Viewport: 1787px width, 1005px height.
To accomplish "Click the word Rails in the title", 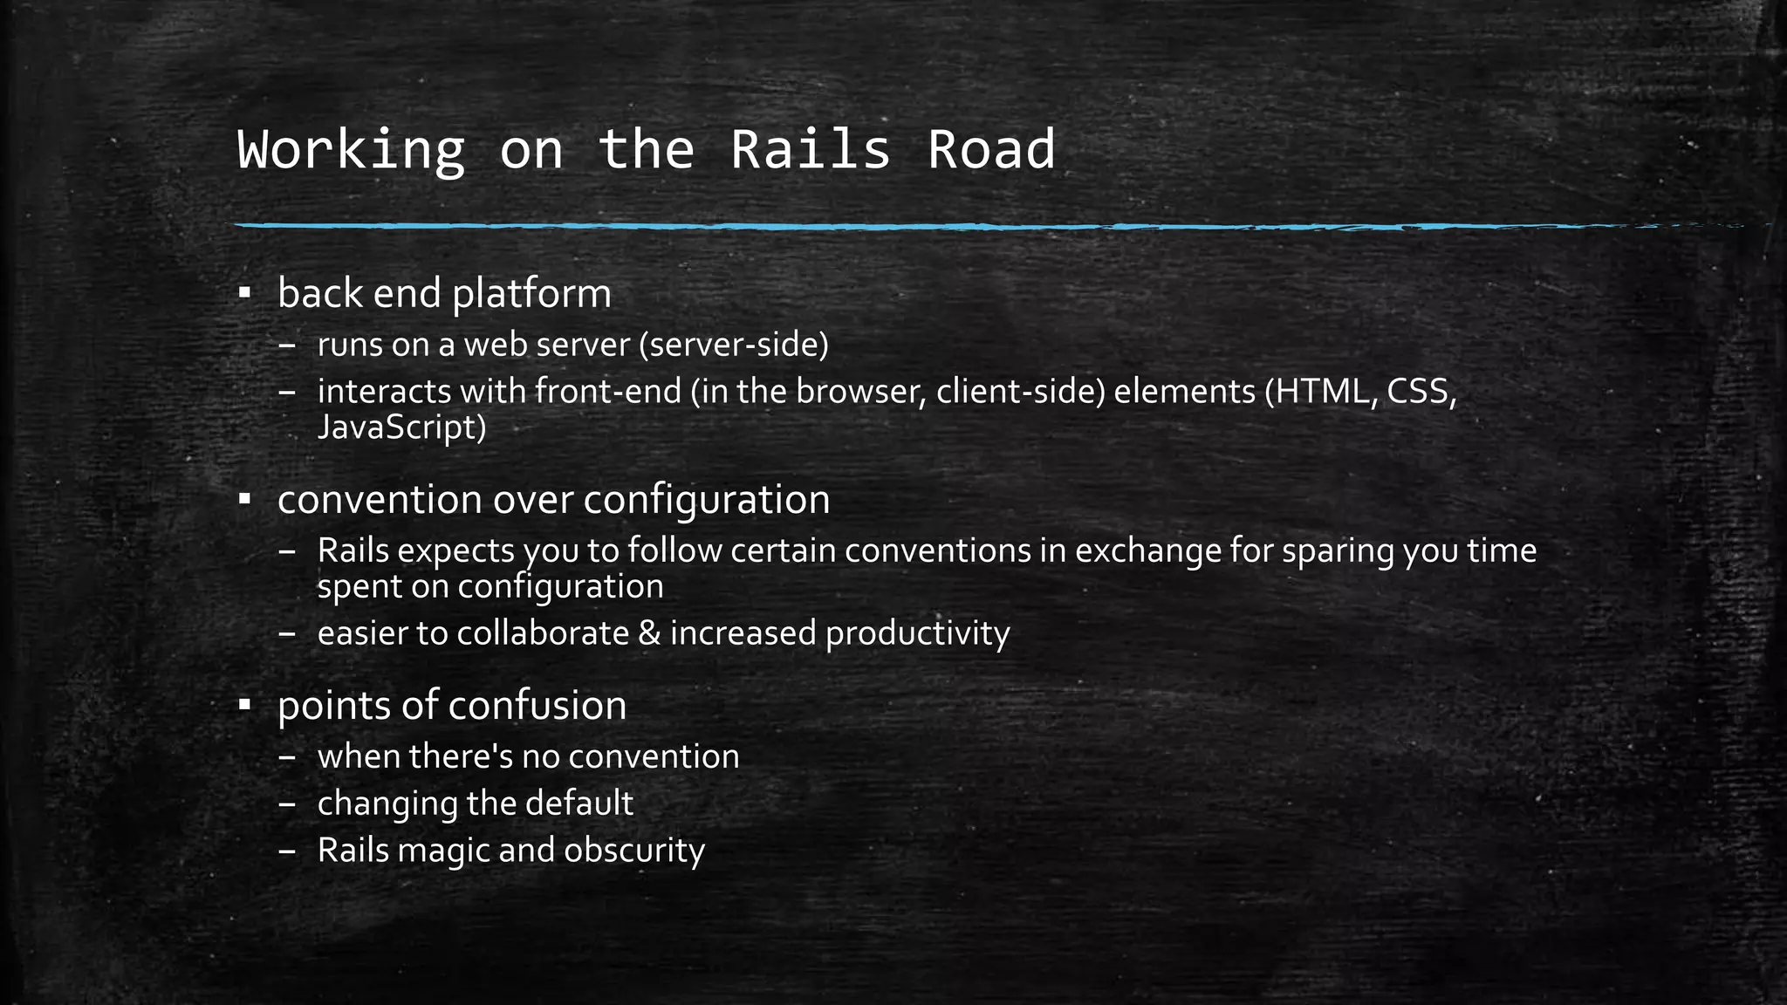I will tap(810, 149).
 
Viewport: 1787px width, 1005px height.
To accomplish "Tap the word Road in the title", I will tap(990, 149).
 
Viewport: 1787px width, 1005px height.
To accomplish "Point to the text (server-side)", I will tap(733, 345).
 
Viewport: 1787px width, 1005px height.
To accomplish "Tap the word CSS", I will tap(1421, 391).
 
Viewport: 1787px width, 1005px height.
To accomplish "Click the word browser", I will tap(859, 391).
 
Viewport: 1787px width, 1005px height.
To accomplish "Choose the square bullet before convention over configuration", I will tap(245, 499).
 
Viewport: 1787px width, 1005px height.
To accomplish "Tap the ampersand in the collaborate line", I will tap(649, 632).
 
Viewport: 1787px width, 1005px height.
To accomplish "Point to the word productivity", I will tap(917, 633).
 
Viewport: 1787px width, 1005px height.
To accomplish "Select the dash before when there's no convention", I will tap(288, 756).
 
